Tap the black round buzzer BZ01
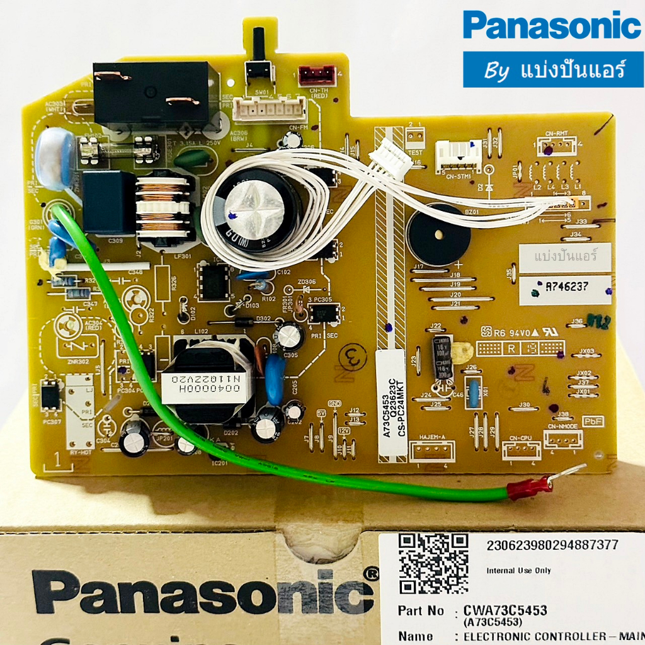point(438,234)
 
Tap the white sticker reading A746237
point(565,290)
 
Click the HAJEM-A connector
point(431,450)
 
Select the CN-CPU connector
point(522,450)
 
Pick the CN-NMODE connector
point(562,439)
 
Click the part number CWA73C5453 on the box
point(505,610)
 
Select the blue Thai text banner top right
point(553,69)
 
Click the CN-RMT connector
point(557,147)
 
